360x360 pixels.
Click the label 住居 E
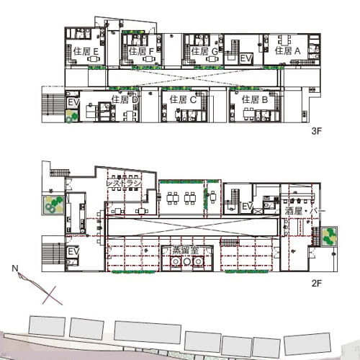point(86,51)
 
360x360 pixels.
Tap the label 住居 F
point(141,51)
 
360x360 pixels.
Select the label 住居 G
point(204,51)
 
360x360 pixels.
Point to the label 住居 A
point(287,50)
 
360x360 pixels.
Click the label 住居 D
point(125,99)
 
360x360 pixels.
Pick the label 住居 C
point(183,99)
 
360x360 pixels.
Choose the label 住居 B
point(255,99)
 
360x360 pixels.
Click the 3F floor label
point(316,131)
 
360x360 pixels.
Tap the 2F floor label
point(316,284)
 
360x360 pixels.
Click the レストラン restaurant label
point(124,184)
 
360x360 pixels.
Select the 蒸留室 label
point(186,251)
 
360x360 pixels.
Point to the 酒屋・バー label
point(305,211)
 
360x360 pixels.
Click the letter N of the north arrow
point(15,268)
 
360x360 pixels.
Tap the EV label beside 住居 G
point(246,58)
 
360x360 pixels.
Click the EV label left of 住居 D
point(73,102)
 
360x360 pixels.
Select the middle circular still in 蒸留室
point(187,261)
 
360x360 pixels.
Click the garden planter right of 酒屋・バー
point(330,236)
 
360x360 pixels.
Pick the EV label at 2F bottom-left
point(73,251)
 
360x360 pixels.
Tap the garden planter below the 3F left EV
point(72,116)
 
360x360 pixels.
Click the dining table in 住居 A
point(284,40)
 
